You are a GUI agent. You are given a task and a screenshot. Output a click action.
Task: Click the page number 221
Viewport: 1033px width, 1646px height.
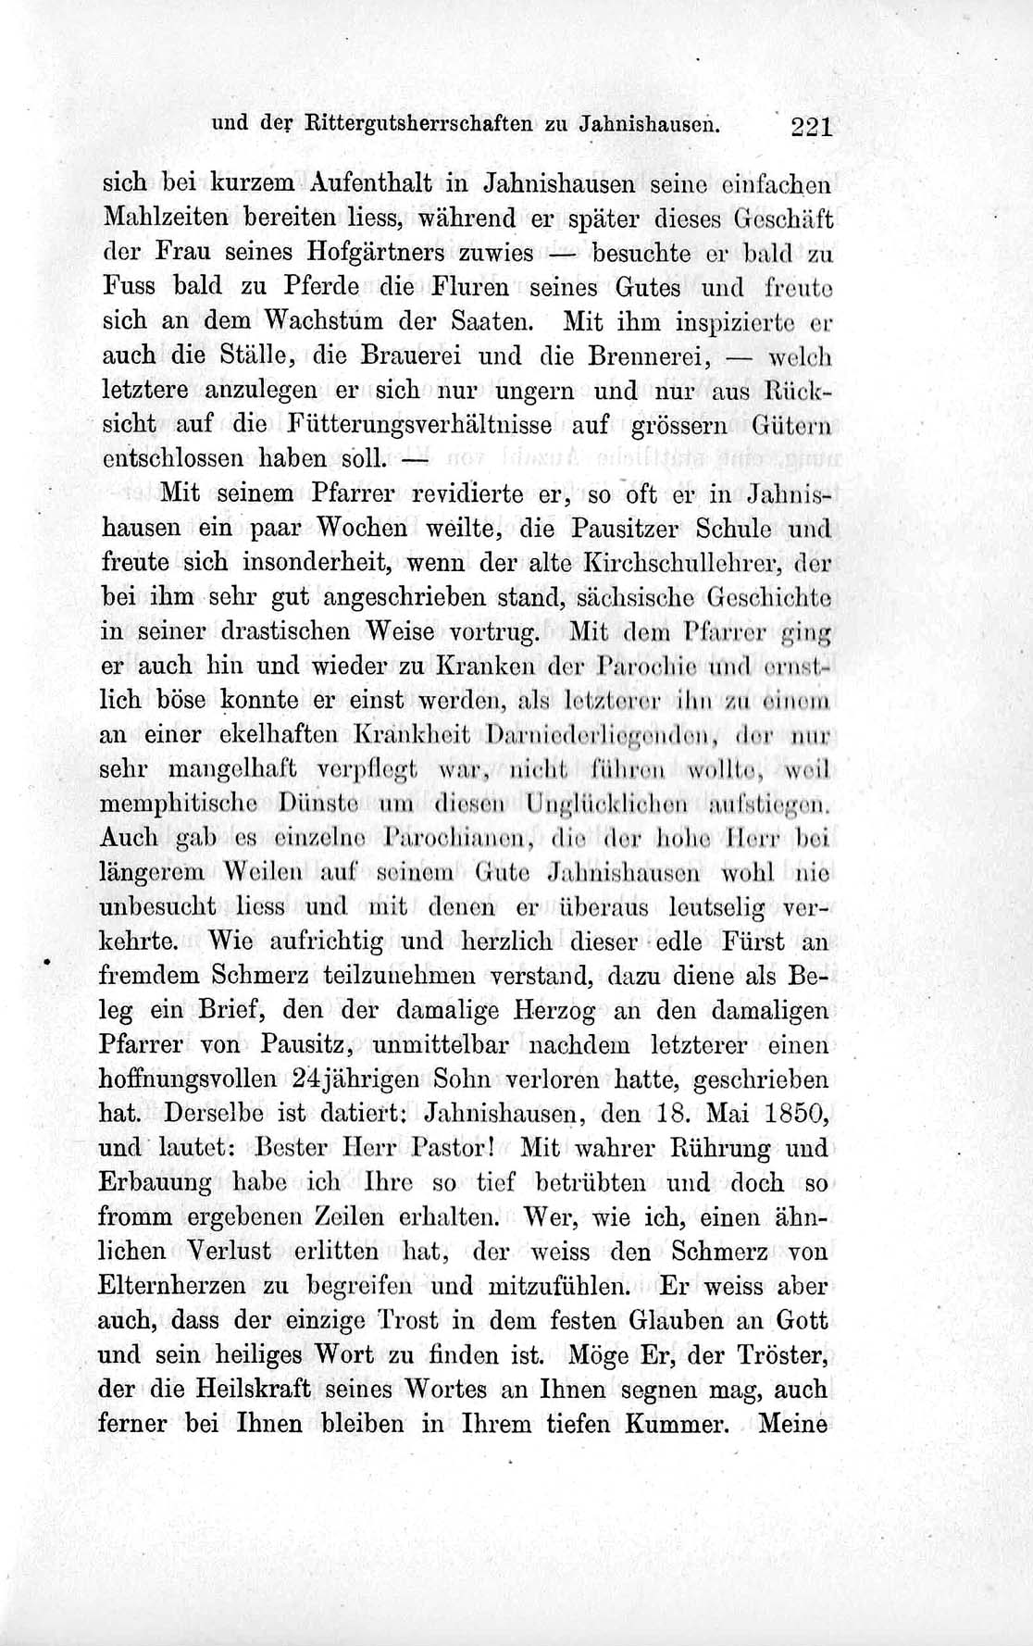click(x=813, y=127)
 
